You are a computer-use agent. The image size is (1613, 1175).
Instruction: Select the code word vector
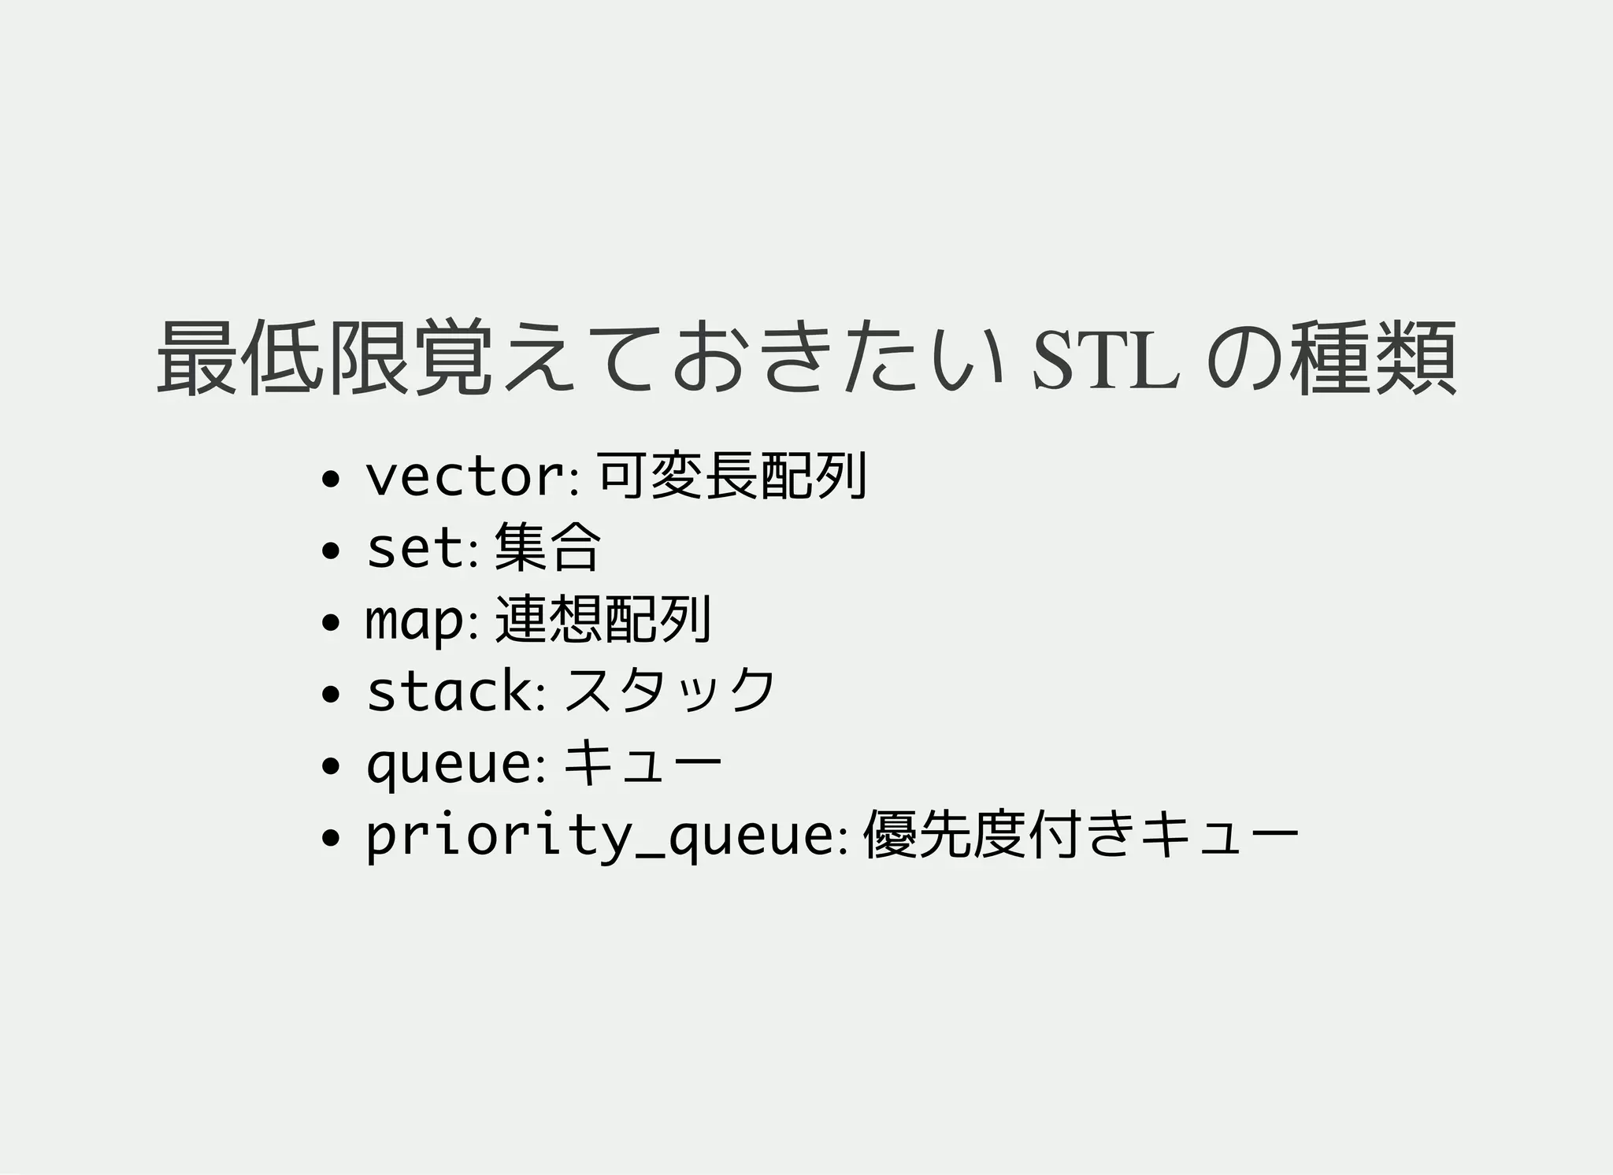pyautogui.click(x=465, y=477)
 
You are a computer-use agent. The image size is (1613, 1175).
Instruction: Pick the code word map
pyautogui.click(x=415, y=621)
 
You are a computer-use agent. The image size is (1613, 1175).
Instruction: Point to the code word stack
pyautogui.click(x=450, y=691)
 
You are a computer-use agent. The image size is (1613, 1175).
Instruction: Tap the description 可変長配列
pyautogui.click(x=732, y=476)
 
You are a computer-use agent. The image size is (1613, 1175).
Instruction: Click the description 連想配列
pyautogui.click(x=603, y=619)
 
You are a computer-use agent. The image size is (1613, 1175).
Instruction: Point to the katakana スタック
pyautogui.click(x=670, y=691)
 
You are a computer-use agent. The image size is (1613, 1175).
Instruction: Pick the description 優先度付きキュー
pyautogui.click(x=1080, y=834)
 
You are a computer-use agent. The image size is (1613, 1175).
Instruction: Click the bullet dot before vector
pyautogui.click(x=331, y=479)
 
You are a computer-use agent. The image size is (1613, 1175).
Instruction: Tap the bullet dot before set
pyautogui.click(x=331, y=550)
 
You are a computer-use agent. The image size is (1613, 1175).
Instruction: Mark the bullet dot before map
pyautogui.click(x=331, y=622)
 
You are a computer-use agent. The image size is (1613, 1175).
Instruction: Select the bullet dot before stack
pyautogui.click(x=331, y=694)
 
